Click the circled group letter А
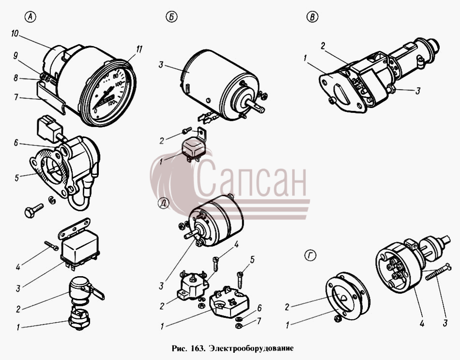coord(30,17)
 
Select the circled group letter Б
coord(171,17)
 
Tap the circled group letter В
coord(312,17)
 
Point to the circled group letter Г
coord(310,256)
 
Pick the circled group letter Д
coord(163,203)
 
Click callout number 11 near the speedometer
coord(138,49)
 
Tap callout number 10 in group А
coord(15,34)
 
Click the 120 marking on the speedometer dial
coord(111,104)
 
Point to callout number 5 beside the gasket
coord(17,178)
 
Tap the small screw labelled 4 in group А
coord(51,246)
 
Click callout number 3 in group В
coord(418,91)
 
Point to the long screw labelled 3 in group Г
coord(437,272)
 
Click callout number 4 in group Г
coord(422,323)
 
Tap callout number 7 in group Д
coord(259,321)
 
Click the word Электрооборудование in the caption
coord(251,348)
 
